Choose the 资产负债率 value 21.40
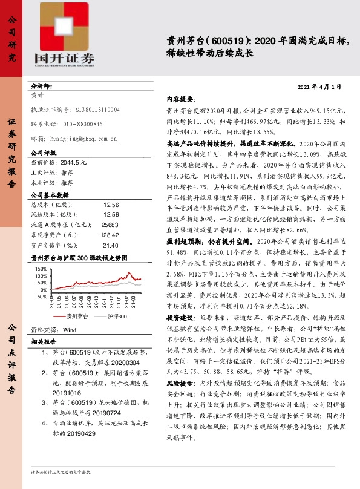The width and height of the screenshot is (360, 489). [111, 245]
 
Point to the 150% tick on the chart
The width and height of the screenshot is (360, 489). [42, 267]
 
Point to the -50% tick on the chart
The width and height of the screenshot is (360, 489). [42, 297]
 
